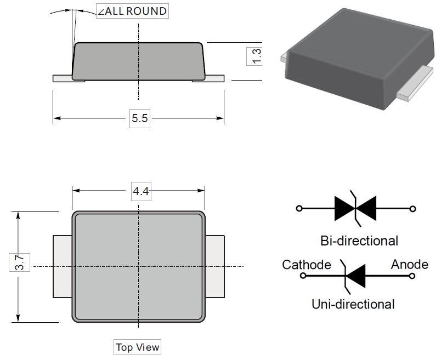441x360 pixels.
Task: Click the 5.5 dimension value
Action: click(139, 118)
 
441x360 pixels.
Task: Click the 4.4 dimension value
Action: click(141, 191)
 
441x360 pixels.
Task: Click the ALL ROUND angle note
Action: click(133, 11)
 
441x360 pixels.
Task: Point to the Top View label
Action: click(138, 347)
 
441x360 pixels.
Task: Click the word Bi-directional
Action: click(359, 241)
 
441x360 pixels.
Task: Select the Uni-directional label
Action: click(353, 304)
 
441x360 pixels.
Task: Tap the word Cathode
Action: click(306, 265)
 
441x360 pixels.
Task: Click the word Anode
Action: click(409, 265)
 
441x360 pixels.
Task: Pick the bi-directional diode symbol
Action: click(356, 209)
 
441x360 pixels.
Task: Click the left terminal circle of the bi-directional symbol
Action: click(299, 209)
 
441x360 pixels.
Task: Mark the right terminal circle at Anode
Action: click(412, 276)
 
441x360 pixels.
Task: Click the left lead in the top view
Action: click(63, 266)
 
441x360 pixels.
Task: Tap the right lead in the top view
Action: click(214, 266)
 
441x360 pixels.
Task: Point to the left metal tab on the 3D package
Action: click(283, 57)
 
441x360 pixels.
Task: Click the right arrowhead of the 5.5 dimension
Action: click(220, 118)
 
